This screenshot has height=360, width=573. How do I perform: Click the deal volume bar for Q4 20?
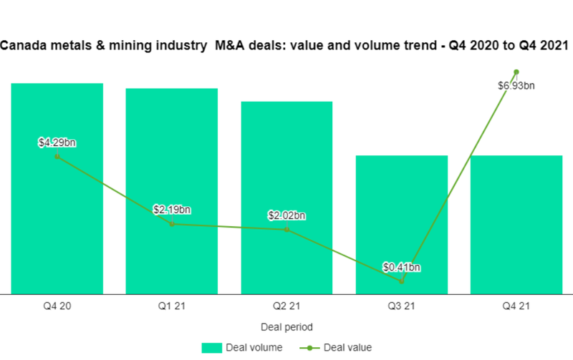pyautogui.click(x=57, y=215)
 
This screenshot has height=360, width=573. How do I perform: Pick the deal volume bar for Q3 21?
pyautogui.click(x=401, y=215)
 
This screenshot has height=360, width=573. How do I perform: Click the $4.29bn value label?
pyautogui.click(x=57, y=142)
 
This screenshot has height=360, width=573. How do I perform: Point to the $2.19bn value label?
pyautogui.click(x=172, y=210)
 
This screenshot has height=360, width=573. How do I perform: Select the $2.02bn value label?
pyautogui.click(x=286, y=215)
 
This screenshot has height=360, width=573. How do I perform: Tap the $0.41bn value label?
pyautogui.click(x=401, y=268)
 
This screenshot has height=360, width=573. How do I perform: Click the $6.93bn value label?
pyautogui.click(x=516, y=86)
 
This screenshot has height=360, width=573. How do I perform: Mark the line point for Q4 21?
pyautogui.click(x=516, y=72)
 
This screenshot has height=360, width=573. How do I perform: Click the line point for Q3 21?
pyautogui.click(x=402, y=281)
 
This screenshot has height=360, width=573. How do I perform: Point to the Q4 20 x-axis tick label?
pyautogui.click(x=57, y=307)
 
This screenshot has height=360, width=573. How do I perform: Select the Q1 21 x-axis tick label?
pyautogui.click(x=172, y=307)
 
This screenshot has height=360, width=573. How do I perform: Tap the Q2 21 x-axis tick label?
pyautogui.click(x=286, y=307)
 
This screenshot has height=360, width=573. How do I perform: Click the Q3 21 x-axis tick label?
pyautogui.click(x=401, y=307)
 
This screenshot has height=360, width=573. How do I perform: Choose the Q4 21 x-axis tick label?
pyautogui.click(x=516, y=307)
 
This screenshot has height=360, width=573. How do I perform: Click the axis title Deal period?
pyautogui.click(x=286, y=326)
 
